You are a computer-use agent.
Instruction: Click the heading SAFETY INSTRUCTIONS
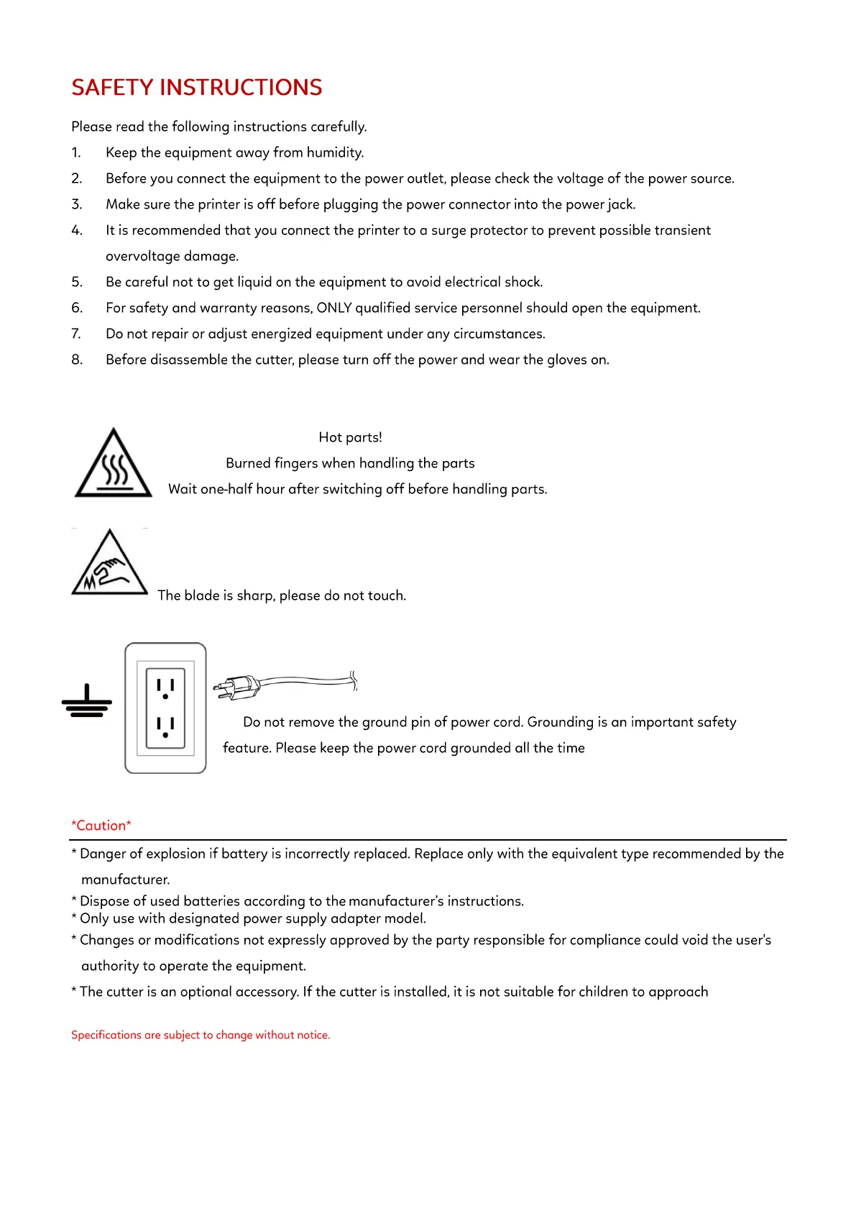tap(196, 88)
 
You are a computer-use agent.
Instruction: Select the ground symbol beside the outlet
tap(87, 702)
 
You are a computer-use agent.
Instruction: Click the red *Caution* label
tap(101, 826)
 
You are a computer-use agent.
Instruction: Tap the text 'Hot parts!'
tap(350, 437)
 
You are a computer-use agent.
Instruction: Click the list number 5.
tap(76, 282)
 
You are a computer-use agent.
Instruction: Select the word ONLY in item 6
tap(334, 308)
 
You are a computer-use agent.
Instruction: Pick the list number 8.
tap(76, 360)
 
